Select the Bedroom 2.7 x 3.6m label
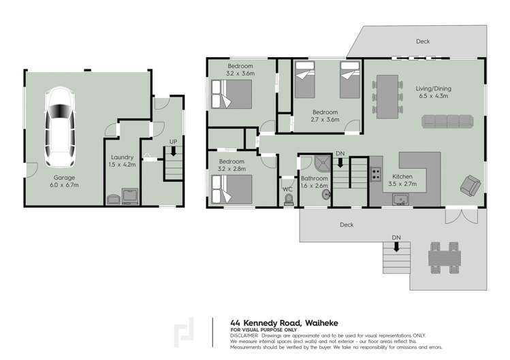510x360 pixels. (325, 116)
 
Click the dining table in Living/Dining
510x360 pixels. (387, 91)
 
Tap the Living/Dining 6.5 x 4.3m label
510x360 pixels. (433, 93)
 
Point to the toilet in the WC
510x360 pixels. (288, 198)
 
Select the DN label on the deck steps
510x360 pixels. (396, 237)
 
